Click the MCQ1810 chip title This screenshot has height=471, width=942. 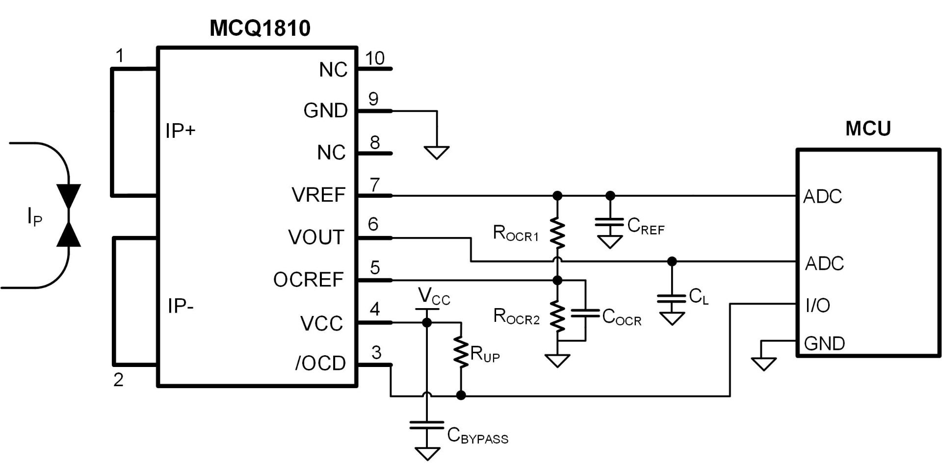point(260,28)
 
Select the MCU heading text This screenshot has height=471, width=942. point(868,129)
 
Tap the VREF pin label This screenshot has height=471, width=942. point(318,195)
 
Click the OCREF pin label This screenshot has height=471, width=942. point(308,280)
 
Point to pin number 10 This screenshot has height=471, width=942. point(375,58)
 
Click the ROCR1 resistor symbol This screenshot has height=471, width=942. point(557,234)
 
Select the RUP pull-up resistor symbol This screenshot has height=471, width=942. point(461,351)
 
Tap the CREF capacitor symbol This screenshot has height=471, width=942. point(610,222)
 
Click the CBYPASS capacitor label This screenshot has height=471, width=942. point(477,436)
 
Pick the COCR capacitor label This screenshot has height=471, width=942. point(621,317)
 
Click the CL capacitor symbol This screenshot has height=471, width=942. point(672,298)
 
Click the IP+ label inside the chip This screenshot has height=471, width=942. point(180,131)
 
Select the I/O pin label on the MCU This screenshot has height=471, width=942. point(817,305)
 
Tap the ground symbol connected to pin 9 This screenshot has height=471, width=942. point(436,153)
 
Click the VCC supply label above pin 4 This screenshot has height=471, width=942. point(434,296)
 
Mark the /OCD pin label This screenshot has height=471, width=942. point(320,363)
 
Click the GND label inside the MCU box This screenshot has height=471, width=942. point(824,343)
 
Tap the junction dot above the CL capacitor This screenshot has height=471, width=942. point(672,262)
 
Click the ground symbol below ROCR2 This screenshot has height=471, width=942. point(557,361)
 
